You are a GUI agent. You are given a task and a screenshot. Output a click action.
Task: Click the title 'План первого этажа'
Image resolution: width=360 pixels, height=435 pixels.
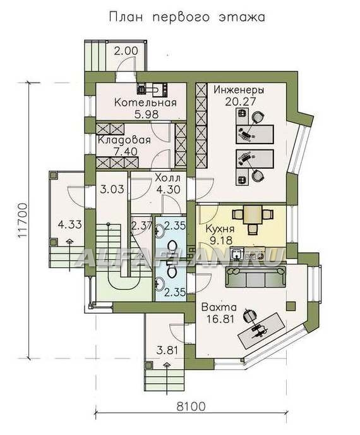point(187,17)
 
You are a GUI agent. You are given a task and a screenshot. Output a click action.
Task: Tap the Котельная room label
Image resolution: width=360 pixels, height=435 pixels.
point(145,102)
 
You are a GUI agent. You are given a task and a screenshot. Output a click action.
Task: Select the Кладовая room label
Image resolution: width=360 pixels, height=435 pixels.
point(124,140)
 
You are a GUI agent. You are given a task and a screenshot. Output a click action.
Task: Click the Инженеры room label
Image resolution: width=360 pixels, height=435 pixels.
point(239,90)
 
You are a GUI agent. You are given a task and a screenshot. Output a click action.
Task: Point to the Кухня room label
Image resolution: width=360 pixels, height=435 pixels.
point(220,229)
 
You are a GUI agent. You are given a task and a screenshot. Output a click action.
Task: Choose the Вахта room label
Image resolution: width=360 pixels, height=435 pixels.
point(219,307)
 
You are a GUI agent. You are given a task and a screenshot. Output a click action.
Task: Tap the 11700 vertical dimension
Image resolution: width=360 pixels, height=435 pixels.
point(23,221)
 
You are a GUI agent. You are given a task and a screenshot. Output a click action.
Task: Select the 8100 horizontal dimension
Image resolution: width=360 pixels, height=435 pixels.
point(191,407)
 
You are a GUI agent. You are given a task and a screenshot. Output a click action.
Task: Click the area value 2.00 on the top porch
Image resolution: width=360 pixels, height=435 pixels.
point(126,51)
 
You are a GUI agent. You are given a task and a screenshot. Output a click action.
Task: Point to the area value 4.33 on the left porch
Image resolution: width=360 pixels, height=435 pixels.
point(70,224)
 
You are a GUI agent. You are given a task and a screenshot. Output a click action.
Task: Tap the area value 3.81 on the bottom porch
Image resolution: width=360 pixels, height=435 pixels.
point(167,350)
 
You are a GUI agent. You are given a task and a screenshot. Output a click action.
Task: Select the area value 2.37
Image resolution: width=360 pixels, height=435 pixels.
point(141,226)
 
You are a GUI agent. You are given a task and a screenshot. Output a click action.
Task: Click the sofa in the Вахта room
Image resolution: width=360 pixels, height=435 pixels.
point(256,277)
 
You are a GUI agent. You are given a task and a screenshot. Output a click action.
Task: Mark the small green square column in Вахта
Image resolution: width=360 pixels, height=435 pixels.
point(291,306)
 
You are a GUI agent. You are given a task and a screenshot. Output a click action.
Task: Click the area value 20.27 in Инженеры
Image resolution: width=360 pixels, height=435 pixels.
point(240,102)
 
